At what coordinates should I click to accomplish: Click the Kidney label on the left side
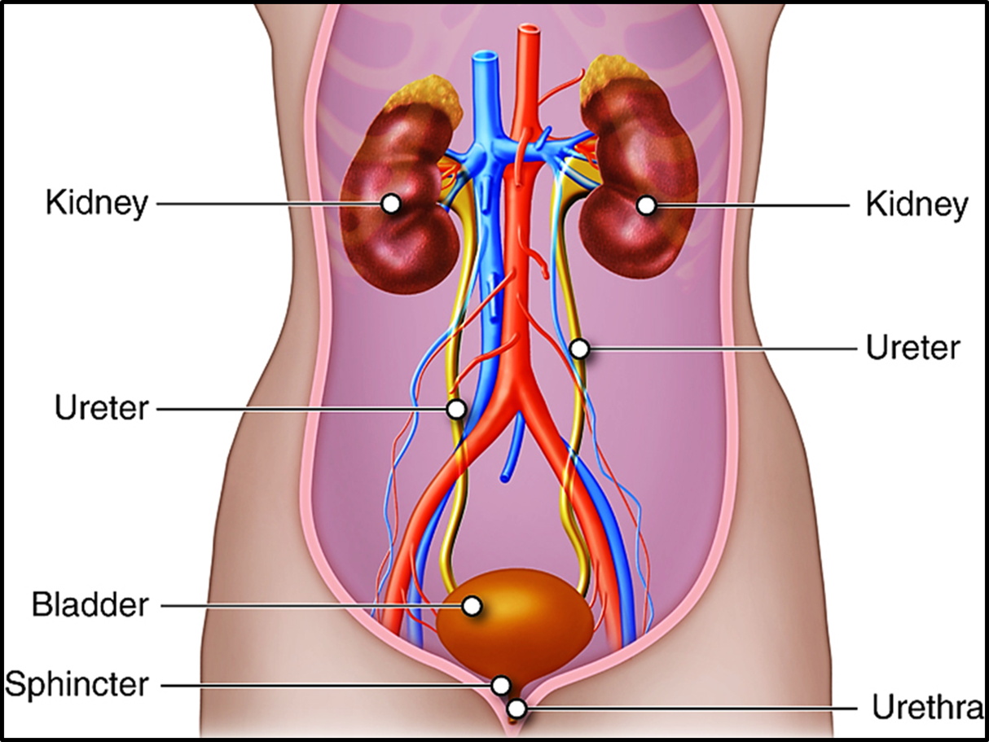point(97,204)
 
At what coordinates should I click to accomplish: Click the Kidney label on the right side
point(916,205)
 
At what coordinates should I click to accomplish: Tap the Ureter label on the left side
point(102,408)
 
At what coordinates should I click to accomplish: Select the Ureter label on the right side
point(913,348)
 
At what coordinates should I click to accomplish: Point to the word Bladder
point(90,605)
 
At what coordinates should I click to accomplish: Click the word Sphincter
point(77,684)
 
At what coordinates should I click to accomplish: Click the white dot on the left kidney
point(391,204)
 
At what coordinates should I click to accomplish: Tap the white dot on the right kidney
point(646,205)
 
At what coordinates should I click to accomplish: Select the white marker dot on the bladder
point(471,605)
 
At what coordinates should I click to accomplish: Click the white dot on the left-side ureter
point(457,408)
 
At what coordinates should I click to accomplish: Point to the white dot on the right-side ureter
point(579,349)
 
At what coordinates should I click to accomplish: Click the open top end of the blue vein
point(486,59)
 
